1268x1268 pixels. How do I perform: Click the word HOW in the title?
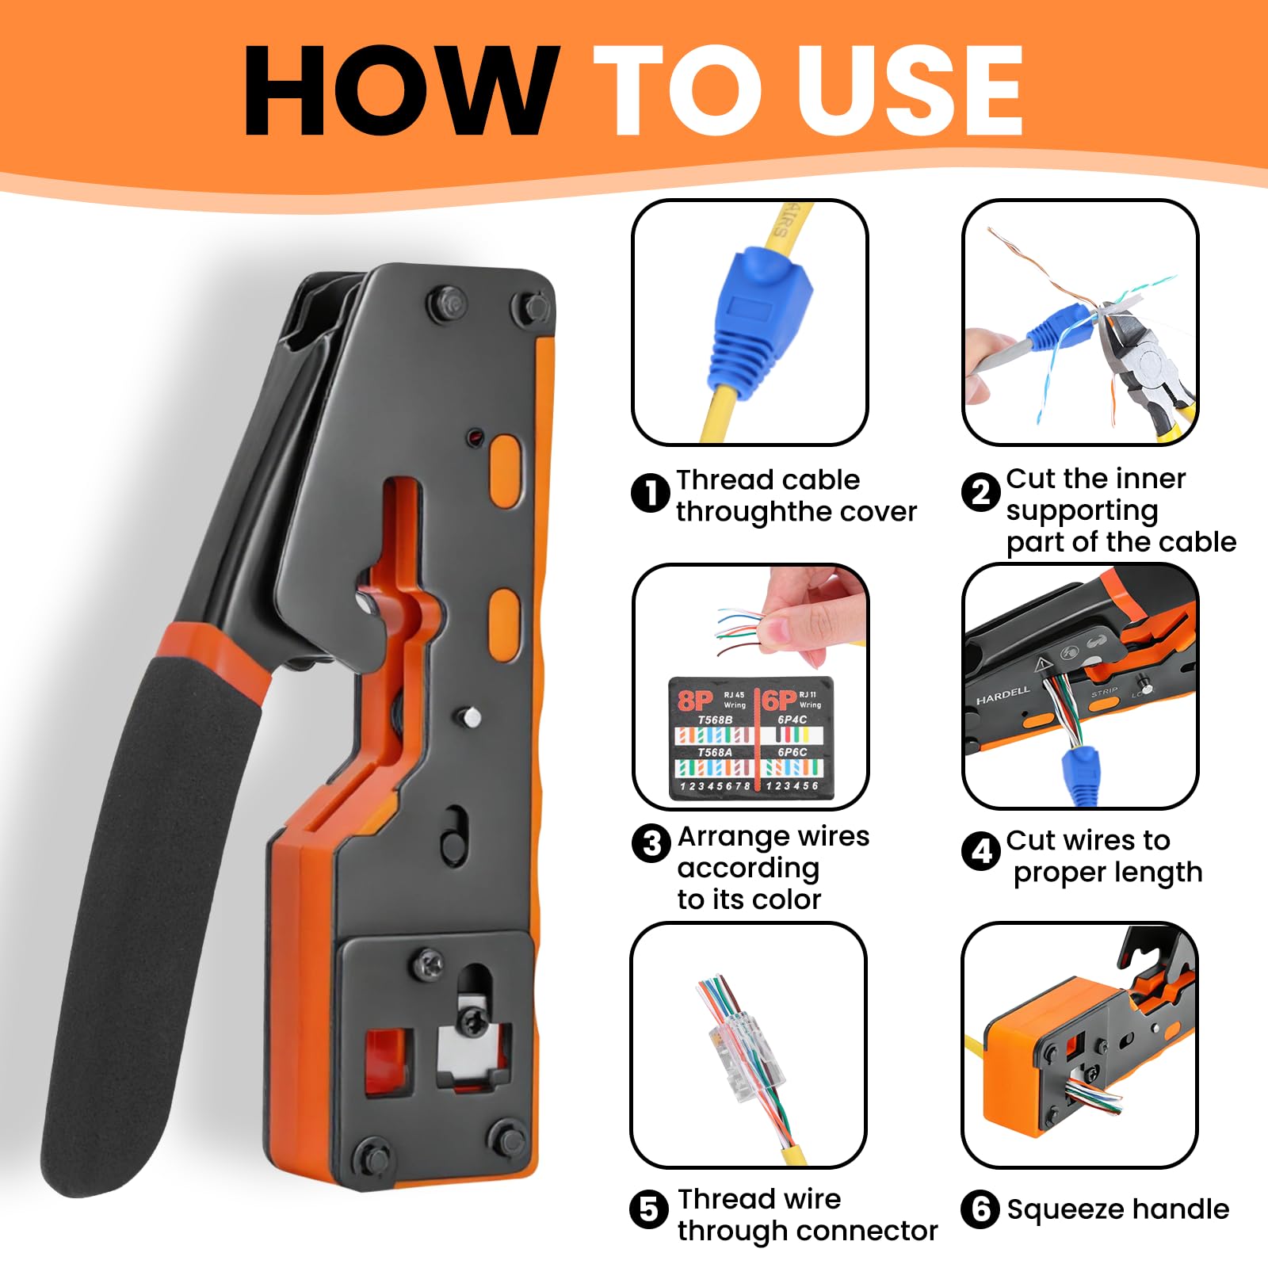pos(400,91)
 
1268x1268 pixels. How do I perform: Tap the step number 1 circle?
pos(651,494)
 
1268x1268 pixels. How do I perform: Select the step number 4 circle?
pos(980,851)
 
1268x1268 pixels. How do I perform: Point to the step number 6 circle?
pos(980,1209)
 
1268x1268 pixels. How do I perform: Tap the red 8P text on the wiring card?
pos(695,701)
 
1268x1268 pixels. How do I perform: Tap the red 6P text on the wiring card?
pos(779,701)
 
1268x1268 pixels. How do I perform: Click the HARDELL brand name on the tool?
pos(1003,696)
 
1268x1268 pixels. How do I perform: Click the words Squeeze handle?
pos(1117,1209)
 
